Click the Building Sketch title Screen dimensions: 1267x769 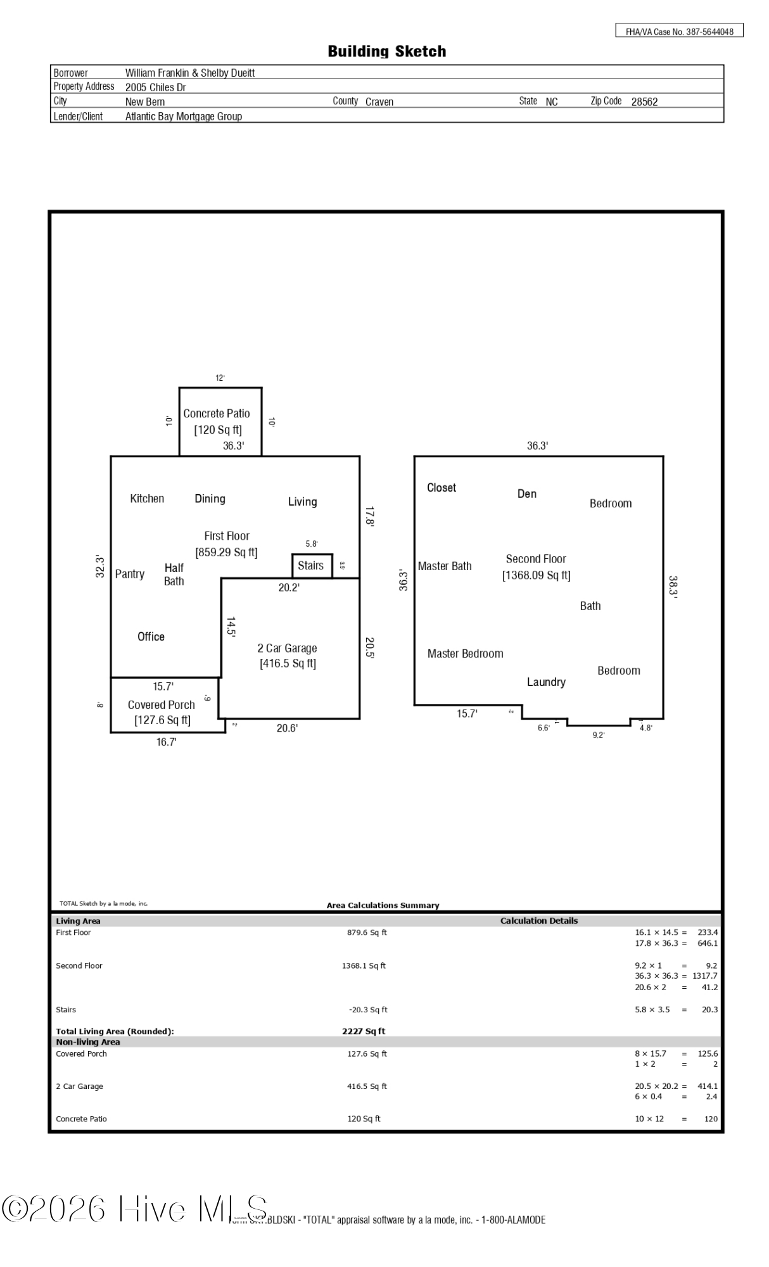coord(386,51)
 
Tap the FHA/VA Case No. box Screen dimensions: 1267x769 coord(679,31)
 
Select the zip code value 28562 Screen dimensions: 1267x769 coord(644,102)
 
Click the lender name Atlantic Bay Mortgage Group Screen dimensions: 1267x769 coord(184,117)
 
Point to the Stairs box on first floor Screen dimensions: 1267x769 coord(311,566)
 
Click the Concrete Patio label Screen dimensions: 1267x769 coord(217,414)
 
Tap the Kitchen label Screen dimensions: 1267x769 coord(147,499)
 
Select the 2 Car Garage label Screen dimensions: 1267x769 coord(287,648)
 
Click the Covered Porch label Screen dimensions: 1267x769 coord(162,704)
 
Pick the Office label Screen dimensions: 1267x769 coord(151,637)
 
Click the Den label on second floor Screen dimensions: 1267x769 coord(526,494)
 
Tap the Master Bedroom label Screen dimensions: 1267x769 coord(465,654)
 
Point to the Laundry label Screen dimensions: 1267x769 coord(546,682)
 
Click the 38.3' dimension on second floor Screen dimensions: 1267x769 coord(673,587)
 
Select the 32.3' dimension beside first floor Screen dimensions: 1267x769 coord(100,566)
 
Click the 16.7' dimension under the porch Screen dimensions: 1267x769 coord(166,742)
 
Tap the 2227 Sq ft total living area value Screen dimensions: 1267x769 coord(364,1031)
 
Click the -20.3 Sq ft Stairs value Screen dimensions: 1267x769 coord(368,1010)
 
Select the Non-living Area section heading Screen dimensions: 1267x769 coord(88,1042)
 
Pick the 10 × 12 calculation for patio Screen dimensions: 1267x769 coord(649,1119)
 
